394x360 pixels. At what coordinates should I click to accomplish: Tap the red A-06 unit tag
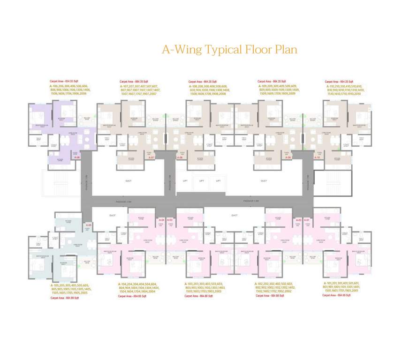click(77, 157)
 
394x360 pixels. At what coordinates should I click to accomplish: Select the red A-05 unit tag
click(89, 225)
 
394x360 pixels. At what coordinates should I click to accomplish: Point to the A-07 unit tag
click(152, 157)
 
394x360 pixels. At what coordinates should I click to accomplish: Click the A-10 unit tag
click(317, 157)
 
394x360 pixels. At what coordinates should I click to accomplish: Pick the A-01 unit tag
click(307, 220)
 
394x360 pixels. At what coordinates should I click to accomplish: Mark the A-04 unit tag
click(161, 220)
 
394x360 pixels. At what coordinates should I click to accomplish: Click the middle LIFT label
click(202, 180)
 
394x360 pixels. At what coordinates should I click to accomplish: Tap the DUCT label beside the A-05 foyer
click(112, 216)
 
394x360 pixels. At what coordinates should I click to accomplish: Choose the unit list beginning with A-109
click(277, 90)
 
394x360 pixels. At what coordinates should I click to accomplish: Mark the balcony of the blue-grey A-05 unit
click(87, 262)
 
